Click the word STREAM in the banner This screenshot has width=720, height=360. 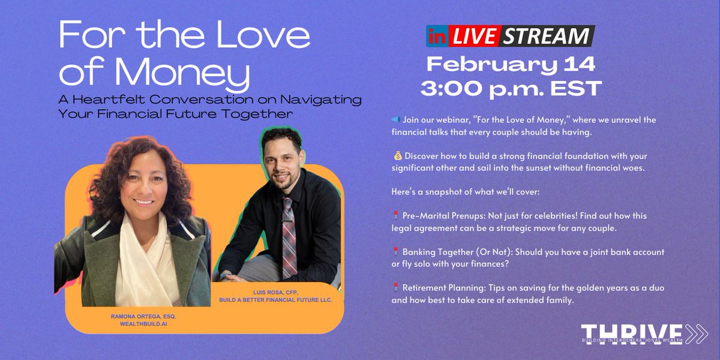click(x=545, y=36)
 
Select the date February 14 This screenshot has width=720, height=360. click(x=511, y=64)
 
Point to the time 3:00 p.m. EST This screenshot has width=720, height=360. click(x=511, y=88)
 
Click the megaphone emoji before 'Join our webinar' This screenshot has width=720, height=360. click(x=395, y=120)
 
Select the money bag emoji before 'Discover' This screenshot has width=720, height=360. click(x=395, y=156)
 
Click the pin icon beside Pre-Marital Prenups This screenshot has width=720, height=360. click(x=395, y=216)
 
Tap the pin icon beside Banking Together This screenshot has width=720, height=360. click(x=395, y=252)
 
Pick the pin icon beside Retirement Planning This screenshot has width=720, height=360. click(x=395, y=288)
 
